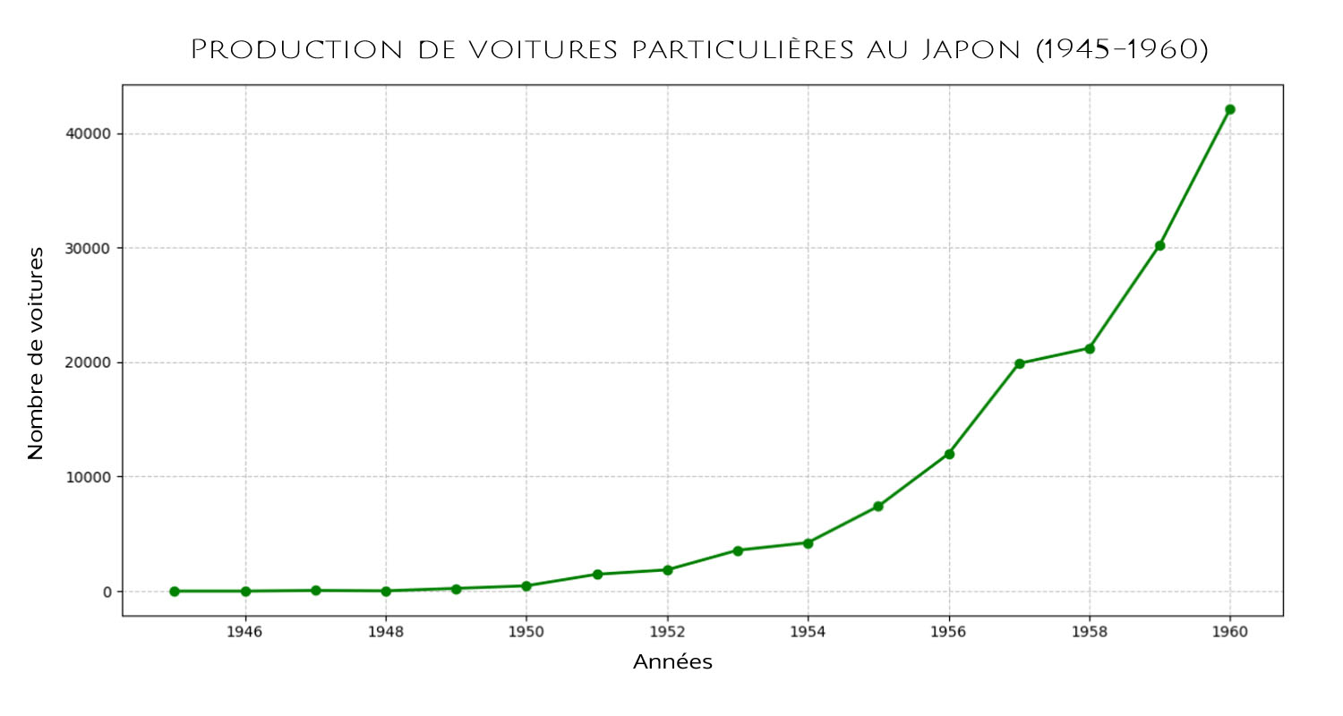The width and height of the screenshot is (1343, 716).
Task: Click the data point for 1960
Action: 1229,109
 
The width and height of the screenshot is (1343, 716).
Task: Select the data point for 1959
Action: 1159,245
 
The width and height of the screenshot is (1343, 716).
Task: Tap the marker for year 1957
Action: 1019,363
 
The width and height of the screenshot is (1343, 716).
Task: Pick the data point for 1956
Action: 949,454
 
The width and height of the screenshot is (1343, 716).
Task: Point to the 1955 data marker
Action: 878,507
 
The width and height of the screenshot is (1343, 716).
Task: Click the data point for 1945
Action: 175,591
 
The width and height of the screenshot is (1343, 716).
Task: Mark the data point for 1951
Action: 597,574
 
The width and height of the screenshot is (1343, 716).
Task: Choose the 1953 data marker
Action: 738,550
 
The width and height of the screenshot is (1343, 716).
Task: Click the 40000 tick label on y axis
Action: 88,133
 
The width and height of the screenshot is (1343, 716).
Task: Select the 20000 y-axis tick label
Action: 88,362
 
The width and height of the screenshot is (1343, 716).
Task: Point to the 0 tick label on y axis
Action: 107,592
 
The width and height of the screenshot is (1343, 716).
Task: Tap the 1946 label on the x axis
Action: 244,632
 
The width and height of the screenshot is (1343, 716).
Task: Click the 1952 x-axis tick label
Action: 667,632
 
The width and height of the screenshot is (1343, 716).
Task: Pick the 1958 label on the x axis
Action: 1090,632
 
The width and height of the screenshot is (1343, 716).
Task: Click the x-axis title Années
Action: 672,663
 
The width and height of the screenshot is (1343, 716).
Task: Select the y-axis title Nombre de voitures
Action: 36,354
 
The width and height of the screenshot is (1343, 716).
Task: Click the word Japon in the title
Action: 971,50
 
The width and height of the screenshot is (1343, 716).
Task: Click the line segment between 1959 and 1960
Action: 1194,177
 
